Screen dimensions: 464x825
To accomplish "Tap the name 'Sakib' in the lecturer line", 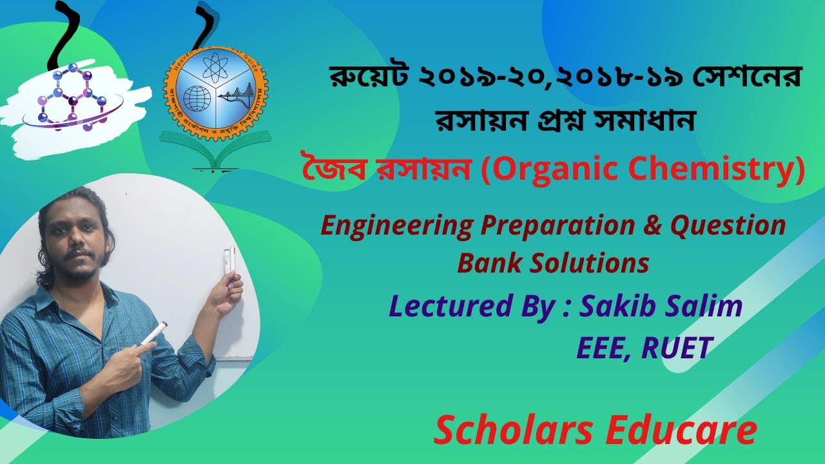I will point(616,307).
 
